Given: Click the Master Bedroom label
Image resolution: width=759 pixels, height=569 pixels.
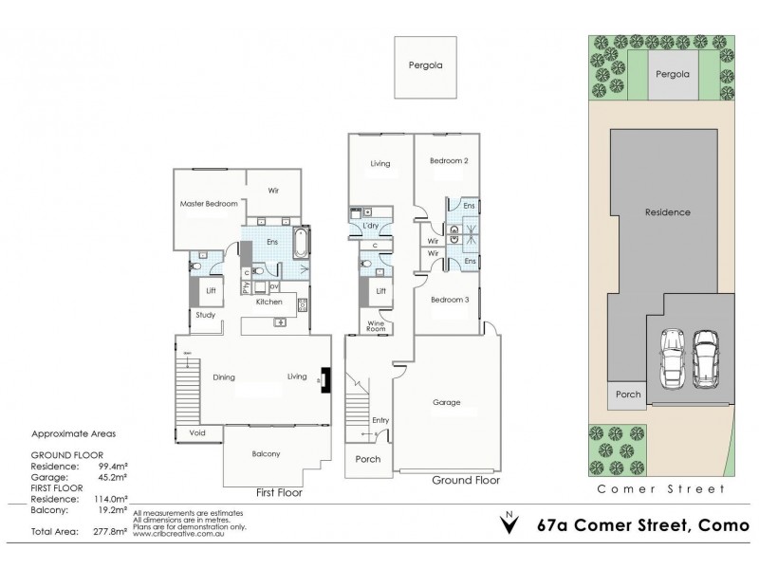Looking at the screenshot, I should [x=208, y=204].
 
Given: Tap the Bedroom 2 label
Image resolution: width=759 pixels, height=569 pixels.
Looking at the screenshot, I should [x=450, y=161].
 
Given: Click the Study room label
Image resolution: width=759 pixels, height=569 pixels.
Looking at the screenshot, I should [x=206, y=315].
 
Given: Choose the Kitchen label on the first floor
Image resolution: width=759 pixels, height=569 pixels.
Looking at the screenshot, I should [x=269, y=302].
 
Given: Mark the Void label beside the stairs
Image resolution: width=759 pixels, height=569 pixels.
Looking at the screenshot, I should [x=197, y=432].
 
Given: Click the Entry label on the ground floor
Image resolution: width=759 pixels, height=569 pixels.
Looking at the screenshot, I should [x=380, y=419].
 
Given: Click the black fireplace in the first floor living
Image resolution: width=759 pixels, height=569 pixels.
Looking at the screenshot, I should [x=325, y=378].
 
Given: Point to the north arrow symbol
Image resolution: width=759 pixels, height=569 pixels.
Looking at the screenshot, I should [x=510, y=522].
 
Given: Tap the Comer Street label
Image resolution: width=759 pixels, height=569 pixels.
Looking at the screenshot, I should [x=659, y=489].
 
